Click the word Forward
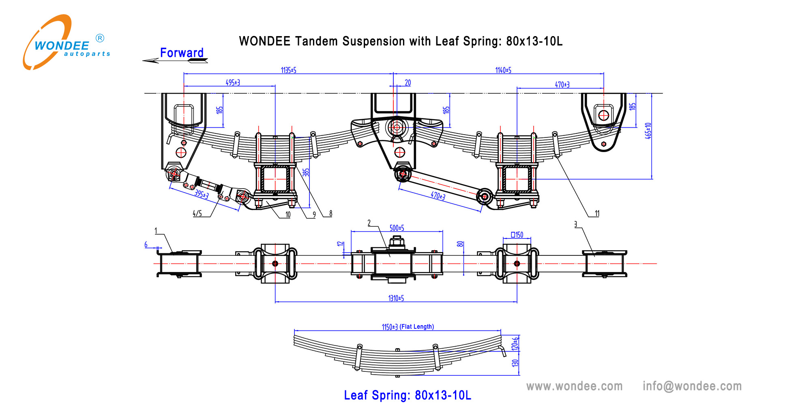click(182, 53)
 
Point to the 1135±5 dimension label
click(288, 70)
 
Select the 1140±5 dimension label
click(503, 70)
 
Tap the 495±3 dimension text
click(233, 82)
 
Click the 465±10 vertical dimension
click(648, 131)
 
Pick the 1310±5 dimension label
click(396, 298)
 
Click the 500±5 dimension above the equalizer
click(397, 228)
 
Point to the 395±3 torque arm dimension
click(201, 194)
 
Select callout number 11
click(597, 213)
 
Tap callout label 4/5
click(197, 213)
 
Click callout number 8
click(330, 213)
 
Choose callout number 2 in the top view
click(369, 223)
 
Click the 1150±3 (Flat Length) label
click(408, 327)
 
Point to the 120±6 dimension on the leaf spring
click(515, 344)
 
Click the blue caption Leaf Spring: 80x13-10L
click(407, 395)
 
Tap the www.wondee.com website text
click(574, 386)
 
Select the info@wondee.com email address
click(692, 386)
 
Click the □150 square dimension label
click(517, 235)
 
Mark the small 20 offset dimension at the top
click(408, 83)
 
